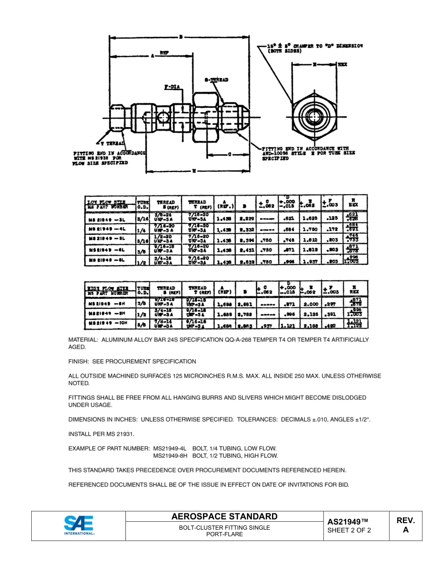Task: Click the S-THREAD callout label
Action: click(x=216, y=80)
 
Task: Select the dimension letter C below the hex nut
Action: click(x=229, y=154)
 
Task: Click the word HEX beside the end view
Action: click(x=342, y=64)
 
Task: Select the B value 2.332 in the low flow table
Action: click(x=246, y=230)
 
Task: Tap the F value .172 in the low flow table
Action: click(x=332, y=229)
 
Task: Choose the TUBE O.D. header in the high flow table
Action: click(x=142, y=290)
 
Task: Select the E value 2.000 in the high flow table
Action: click(x=311, y=304)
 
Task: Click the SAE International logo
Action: click(x=79, y=525)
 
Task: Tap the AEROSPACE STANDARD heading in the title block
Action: click(x=224, y=516)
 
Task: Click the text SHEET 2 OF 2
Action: click(x=349, y=530)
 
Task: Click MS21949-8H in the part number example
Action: click(x=170, y=455)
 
